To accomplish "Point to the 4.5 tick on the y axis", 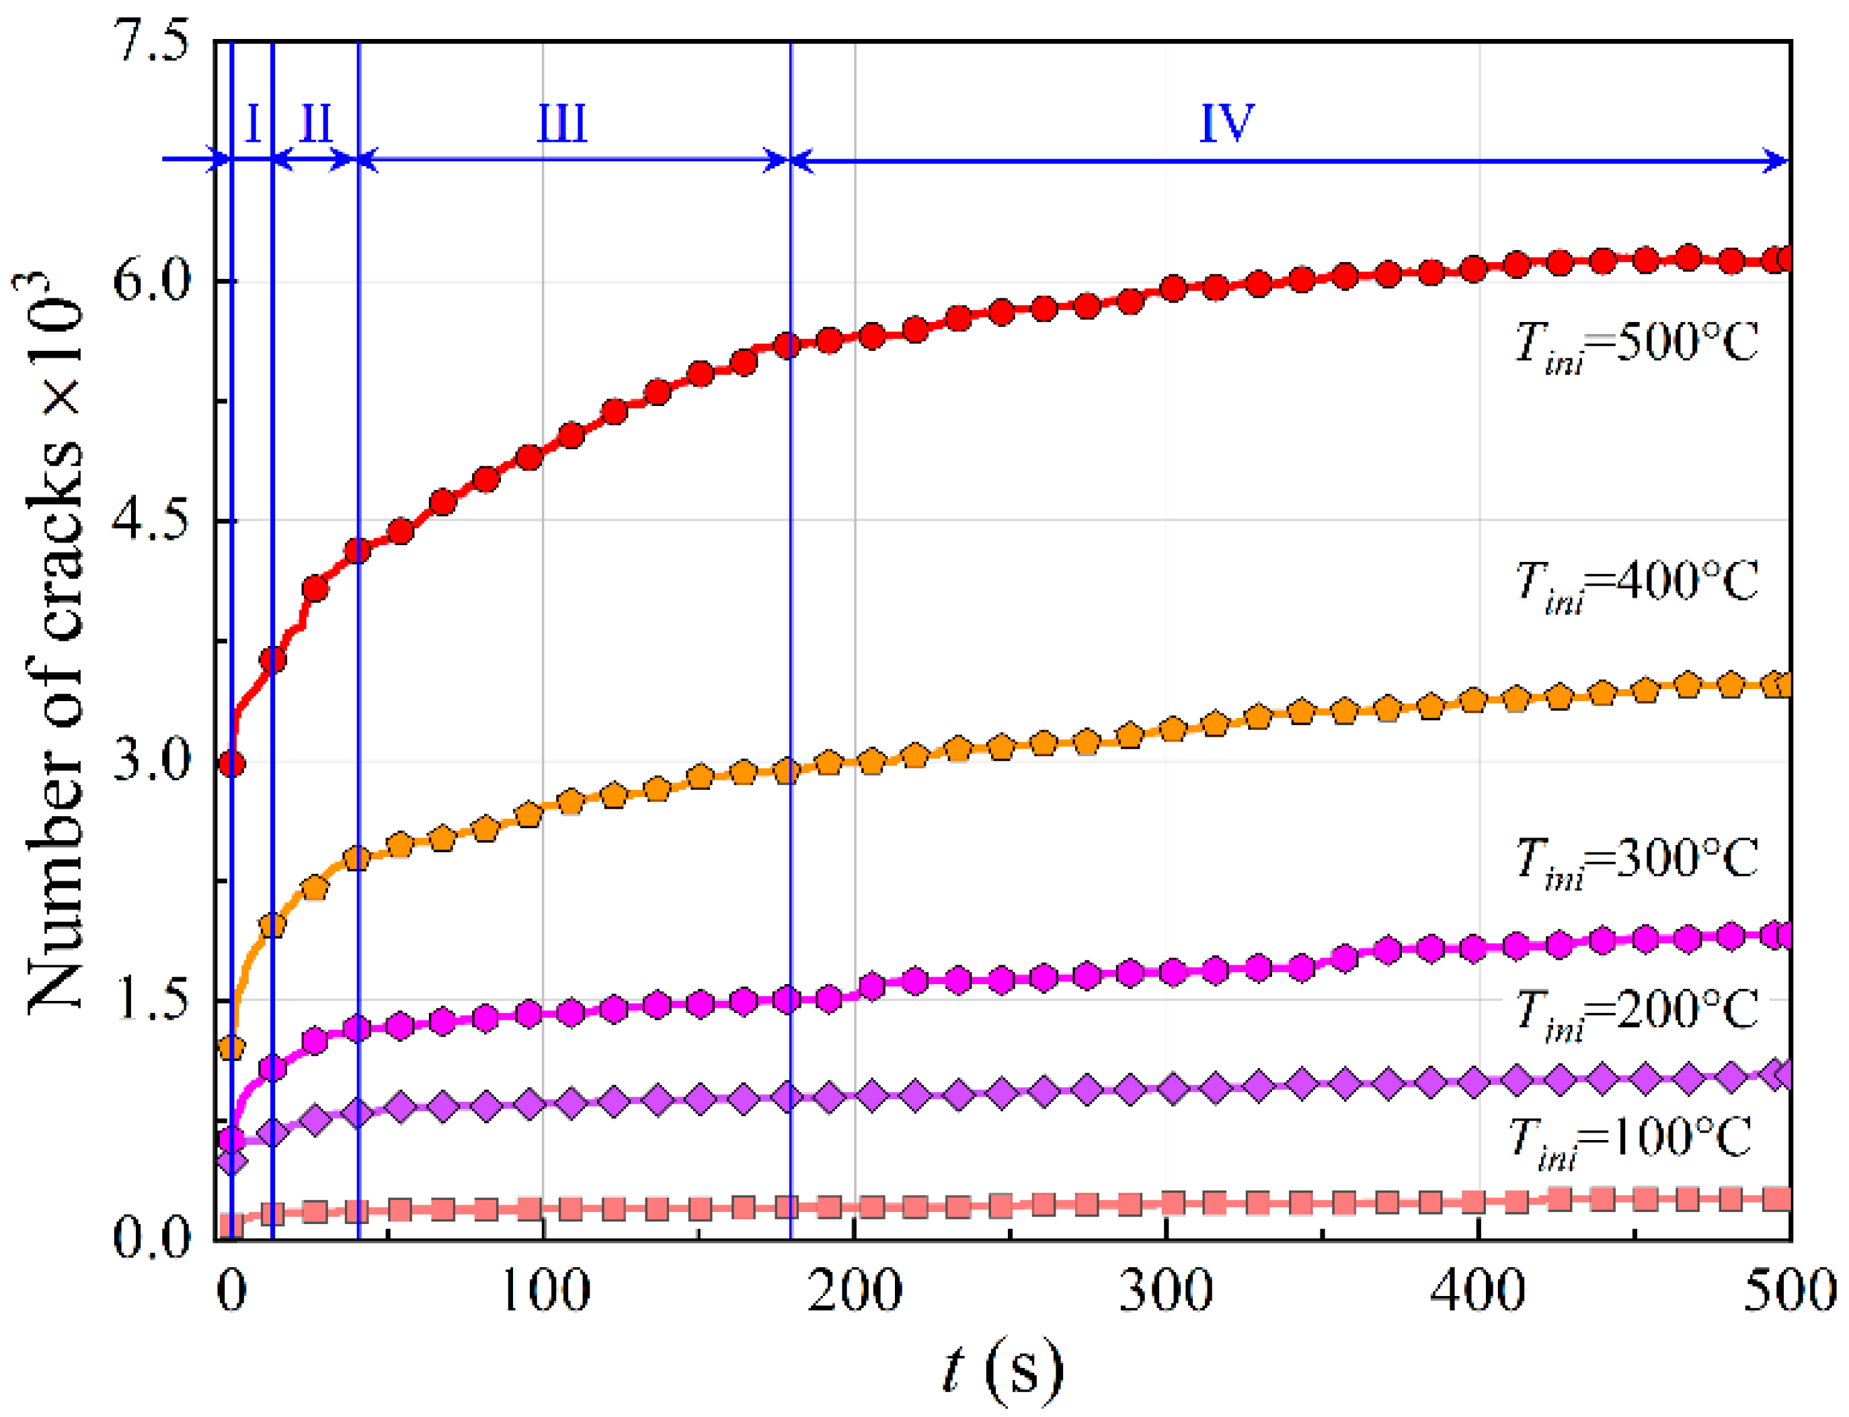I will coord(152,520).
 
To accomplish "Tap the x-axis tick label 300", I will coord(1166,1290).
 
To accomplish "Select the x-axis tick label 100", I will coord(544,1290).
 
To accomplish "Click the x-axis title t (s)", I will coord(1001,1368).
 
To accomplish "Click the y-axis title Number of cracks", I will coord(55,641).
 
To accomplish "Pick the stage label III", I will coord(562,124).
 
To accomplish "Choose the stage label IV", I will coord(1226,122).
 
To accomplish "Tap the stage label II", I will coord(316,124).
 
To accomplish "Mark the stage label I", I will coord(253,124).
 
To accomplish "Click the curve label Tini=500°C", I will coord(1636,344).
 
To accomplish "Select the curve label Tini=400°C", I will coord(1636,583).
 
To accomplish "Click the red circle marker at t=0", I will coord(232,764).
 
